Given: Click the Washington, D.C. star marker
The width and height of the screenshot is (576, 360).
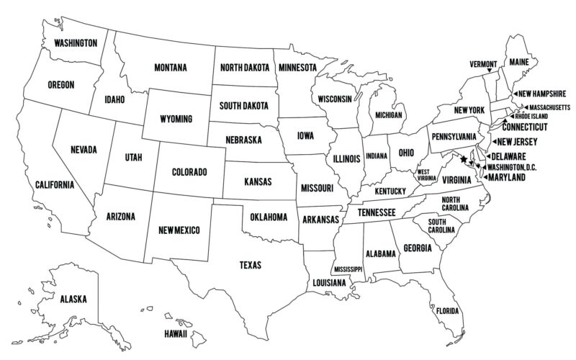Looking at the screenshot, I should [x=462, y=161].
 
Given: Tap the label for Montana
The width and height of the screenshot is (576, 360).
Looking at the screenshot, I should [x=171, y=68].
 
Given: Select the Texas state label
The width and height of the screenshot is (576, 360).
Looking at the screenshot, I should [x=250, y=265].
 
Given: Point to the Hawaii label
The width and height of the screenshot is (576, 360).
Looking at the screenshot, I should [x=175, y=334].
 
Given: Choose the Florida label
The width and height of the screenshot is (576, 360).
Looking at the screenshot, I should [x=447, y=311].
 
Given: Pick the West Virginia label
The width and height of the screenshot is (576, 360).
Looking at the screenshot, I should [x=426, y=174].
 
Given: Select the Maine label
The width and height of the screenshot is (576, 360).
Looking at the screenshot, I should [x=518, y=63].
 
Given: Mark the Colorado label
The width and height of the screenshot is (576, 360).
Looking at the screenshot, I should [x=190, y=172].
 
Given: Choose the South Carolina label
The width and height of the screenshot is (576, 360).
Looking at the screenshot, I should [x=441, y=225].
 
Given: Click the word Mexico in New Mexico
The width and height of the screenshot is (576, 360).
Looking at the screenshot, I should [x=191, y=230].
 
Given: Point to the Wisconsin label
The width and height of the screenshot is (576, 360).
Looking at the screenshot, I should [x=331, y=99].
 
